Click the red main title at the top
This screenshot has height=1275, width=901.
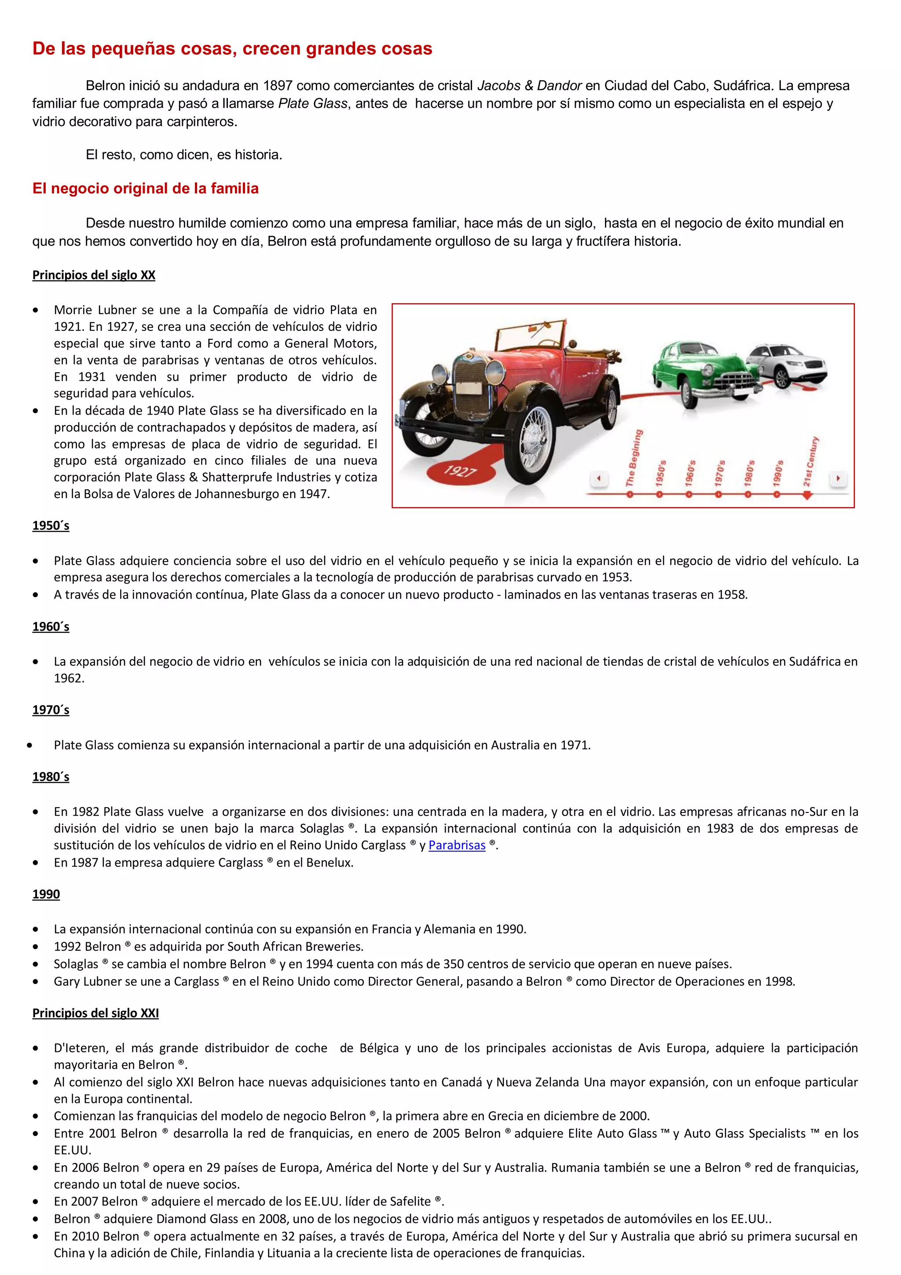pyautogui.click(x=232, y=49)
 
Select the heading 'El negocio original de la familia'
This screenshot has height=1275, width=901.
pyautogui.click(x=146, y=189)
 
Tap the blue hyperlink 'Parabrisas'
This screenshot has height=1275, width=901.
pyautogui.click(x=457, y=845)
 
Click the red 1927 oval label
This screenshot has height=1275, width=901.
pyautogui.click(x=460, y=471)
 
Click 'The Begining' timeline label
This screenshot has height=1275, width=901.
pyautogui.click(x=634, y=458)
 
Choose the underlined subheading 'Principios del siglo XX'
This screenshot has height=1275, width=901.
pyautogui.click(x=94, y=276)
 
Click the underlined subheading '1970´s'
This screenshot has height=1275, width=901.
pyautogui.click(x=51, y=710)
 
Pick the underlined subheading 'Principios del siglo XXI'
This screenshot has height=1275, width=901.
pyautogui.click(x=95, y=1014)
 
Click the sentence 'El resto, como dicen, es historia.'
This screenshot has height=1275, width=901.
pyautogui.click(x=184, y=155)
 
